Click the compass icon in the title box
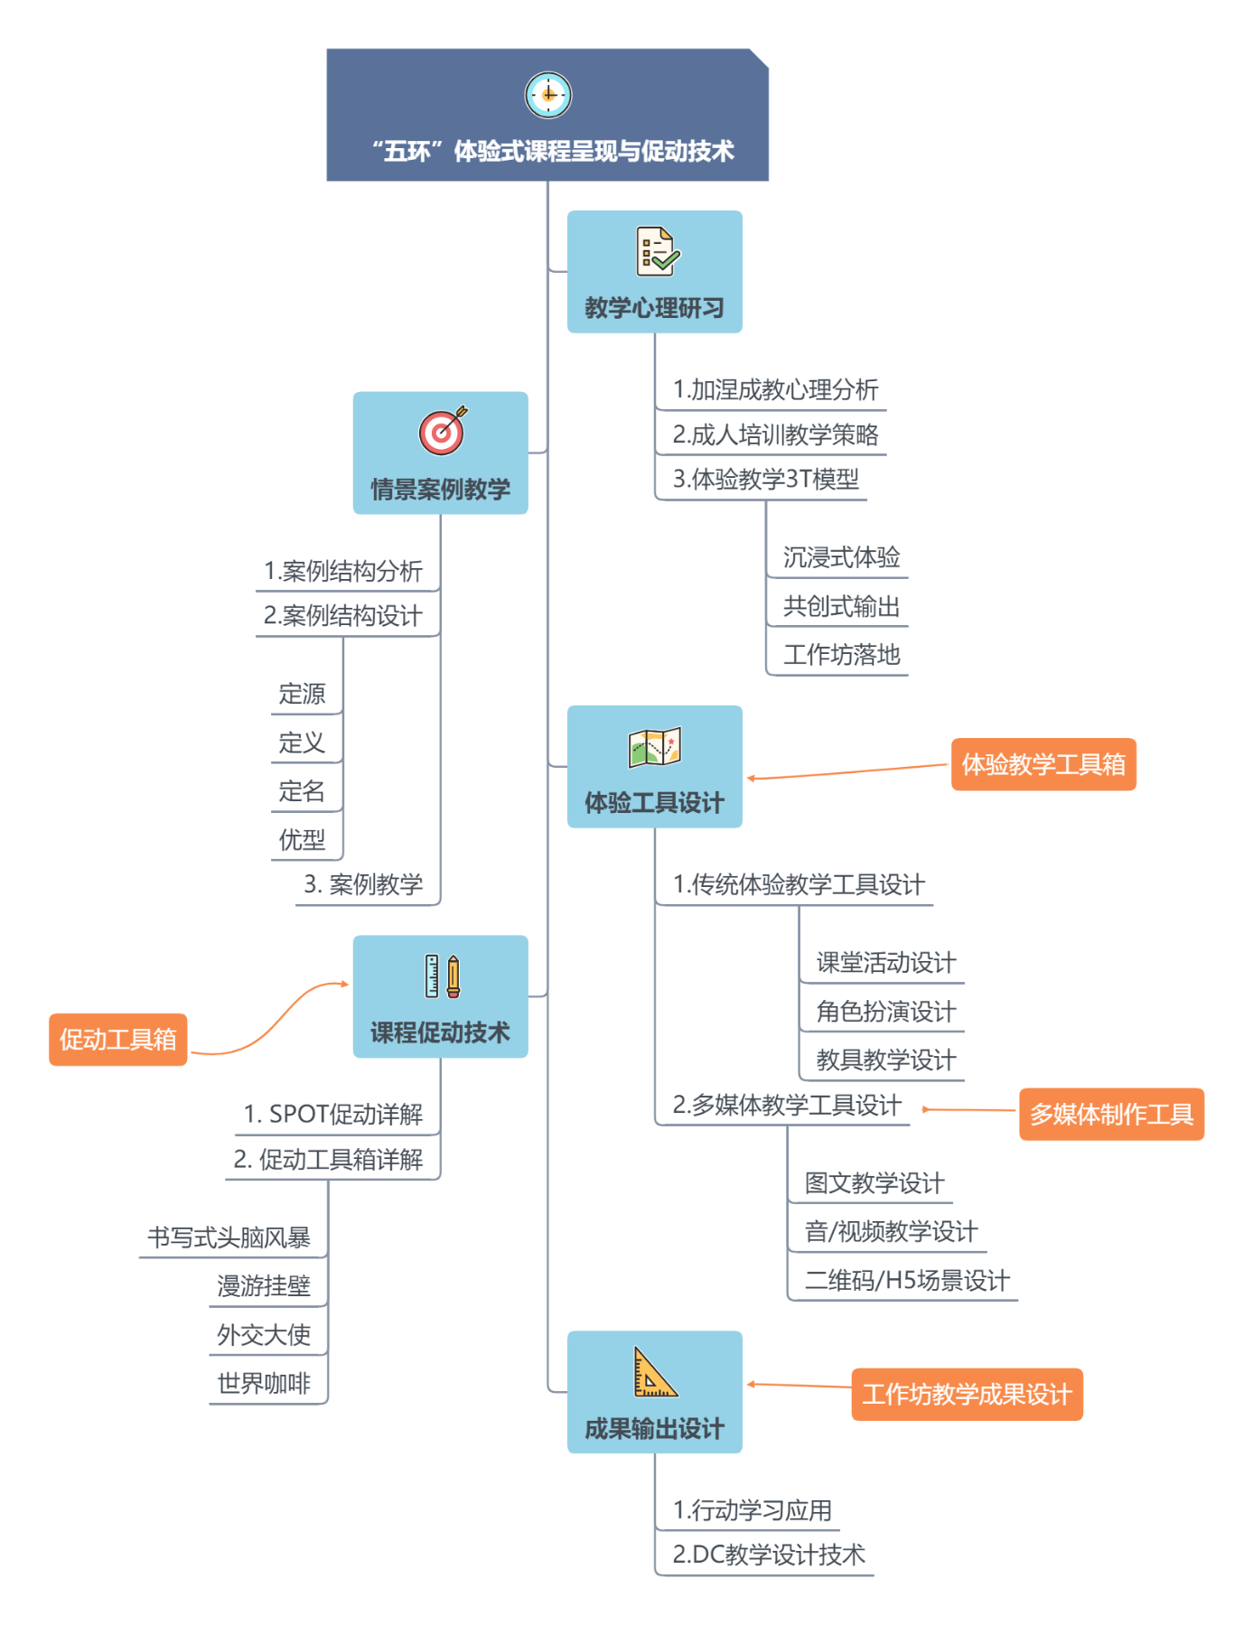click(x=548, y=95)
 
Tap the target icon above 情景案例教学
click(x=443, y=431)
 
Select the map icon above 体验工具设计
click(x=655, y=747)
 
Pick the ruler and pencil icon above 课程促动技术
click(x=443, y=976)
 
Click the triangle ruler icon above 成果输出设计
click(x=655, y=1372)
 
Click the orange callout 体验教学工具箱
click(x=1043, y=765)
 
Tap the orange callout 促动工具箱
click(x=118, y=1040)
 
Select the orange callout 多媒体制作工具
click(x=1112, y=1115)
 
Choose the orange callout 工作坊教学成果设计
click(x=968, y=1395)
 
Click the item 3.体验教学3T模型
click(x=766, y=479)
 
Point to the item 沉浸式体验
click(x=841, y=557)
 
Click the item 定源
click(x=302, y=694)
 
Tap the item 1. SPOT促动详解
click(x=332, y=1115)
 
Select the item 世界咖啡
click(x=264, y=1383)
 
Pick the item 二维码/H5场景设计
click(x=907, y=1280)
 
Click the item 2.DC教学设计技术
click(x=769, y=1555)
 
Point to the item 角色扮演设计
click(x=886, y=1011)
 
